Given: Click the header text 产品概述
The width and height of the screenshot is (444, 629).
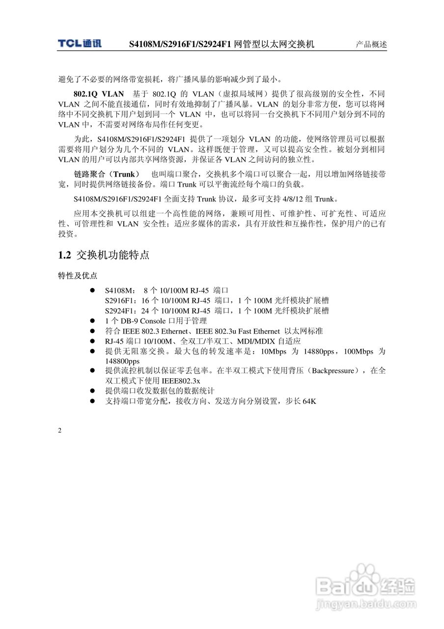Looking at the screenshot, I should point(371,44).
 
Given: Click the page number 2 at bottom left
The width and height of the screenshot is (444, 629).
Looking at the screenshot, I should point(60,431).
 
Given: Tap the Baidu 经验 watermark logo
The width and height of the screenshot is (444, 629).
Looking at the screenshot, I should point(366,585).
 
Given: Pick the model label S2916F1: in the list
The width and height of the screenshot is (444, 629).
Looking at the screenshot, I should point(121,301).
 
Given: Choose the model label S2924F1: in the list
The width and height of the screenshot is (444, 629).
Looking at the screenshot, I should point(121,311).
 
